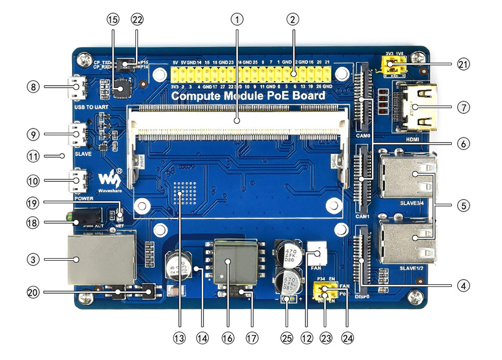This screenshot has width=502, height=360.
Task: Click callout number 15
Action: coord(112,19)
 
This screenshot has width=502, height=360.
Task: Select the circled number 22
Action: coord(137,19)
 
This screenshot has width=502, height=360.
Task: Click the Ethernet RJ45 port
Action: coord(100,259)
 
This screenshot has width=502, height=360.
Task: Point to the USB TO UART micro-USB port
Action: coord(77,88)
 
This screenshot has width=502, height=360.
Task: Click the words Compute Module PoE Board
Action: coord(248,96)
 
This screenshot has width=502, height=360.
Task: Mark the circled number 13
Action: coord(179,338)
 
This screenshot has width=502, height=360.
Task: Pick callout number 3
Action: coord(33,259)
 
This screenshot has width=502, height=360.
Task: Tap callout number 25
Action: coord(287,338)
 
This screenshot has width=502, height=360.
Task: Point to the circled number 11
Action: coord(33,155)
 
